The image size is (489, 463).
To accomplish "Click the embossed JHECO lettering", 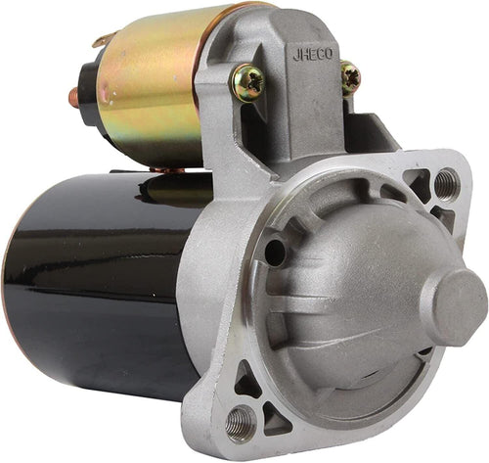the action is (313, 55).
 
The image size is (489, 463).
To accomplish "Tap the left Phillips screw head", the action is (248, 83).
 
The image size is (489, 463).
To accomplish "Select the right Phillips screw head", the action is (351, 78).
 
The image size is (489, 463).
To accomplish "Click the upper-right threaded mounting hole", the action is (447, 185).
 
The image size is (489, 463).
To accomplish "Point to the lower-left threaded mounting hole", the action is (241, 424).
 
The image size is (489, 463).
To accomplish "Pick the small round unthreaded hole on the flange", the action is (275, 253).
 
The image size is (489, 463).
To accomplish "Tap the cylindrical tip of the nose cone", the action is (454, 307).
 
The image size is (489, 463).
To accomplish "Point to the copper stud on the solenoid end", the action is (73, 98).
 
